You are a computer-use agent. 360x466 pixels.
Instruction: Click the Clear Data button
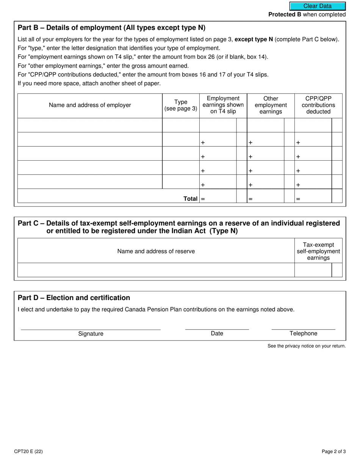pos(318,6)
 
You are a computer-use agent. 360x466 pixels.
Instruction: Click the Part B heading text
pos(111,28)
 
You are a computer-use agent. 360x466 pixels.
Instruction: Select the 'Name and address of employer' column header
pos(90,105)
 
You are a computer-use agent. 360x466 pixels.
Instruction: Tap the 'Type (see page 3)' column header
pos(181,105)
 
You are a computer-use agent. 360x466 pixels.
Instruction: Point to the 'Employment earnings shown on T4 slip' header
pos(223,105)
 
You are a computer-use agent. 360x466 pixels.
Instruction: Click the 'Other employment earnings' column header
pos(271,105)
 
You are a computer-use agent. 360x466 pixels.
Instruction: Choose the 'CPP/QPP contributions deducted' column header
pos(318,105)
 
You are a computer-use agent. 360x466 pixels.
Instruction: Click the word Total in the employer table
pos(190,199)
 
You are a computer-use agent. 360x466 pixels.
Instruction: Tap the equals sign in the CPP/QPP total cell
pos(298,199)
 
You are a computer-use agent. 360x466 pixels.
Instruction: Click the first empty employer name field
pos(90,125)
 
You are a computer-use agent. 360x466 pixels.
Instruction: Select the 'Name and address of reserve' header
pos(156,251)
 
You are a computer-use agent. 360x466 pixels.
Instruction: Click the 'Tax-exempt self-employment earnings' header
pos(318,251)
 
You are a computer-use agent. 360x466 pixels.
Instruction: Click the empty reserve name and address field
pos(156,270)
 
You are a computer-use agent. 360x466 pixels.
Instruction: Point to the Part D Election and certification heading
pos(74,298)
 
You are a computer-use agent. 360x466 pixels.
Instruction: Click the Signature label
pos(91,334)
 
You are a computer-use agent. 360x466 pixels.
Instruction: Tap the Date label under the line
pos(217,333)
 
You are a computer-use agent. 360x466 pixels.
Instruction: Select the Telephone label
pos(303,333)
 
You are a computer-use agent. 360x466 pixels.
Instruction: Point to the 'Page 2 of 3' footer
pos(333,451)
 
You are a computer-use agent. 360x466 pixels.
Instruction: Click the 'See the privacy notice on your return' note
pos(306,346)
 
